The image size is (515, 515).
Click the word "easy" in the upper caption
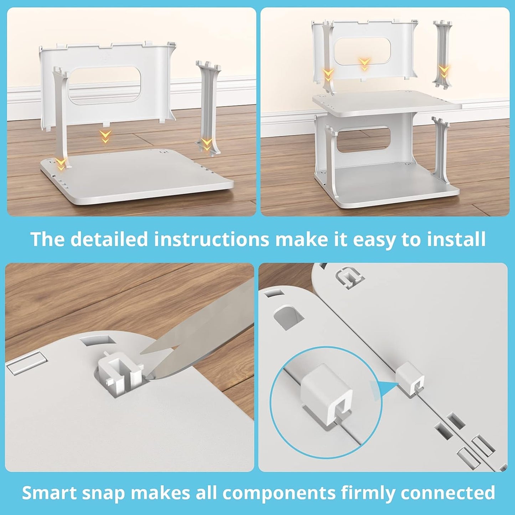pos(375,239)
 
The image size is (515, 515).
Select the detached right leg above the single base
pos(208,107)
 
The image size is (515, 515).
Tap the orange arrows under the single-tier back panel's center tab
pos(105,136)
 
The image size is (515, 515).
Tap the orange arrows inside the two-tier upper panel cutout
pos(364,64)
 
